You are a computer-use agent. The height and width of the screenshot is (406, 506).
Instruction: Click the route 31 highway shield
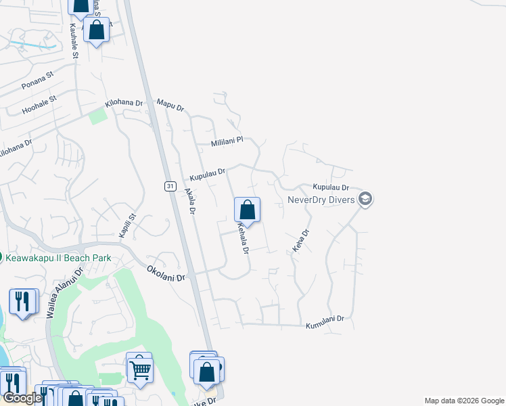(169, 185)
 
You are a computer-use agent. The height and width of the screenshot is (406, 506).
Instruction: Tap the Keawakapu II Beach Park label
(59, 258)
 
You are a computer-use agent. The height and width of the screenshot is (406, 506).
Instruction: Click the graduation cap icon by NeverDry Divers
(365, 198)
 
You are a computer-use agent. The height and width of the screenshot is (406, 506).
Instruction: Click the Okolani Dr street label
(166, 273)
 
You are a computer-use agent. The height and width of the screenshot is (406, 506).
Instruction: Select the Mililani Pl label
(227, 143)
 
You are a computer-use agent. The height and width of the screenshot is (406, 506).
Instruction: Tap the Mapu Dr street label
(170, 104)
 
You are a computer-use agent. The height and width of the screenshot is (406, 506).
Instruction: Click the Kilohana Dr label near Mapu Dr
(124, 104)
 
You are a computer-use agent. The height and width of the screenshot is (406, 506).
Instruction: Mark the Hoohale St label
(39, 103)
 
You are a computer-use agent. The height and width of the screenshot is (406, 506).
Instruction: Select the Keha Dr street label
(301, 242)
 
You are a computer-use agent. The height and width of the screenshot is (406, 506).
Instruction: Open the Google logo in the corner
(22, 398)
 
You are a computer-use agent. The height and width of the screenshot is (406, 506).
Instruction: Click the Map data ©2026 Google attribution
(463, 401)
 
